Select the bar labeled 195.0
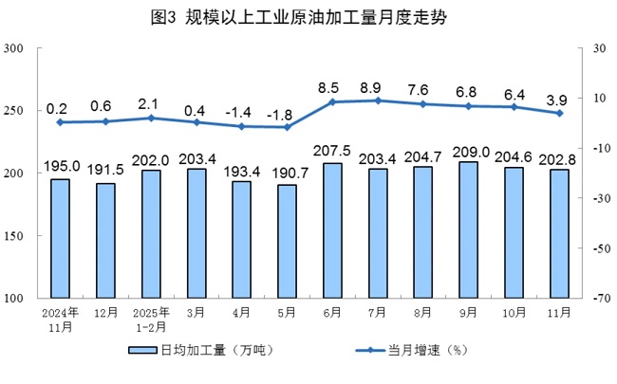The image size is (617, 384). click(60, 238)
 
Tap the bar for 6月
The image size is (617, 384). click(332, 230)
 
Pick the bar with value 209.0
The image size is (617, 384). click(469, 229)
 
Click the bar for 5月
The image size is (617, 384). click(287, 241)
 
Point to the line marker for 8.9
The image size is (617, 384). click(378, 101)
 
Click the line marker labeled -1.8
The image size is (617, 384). click(287, 127)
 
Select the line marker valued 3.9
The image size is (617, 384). click(560, 113)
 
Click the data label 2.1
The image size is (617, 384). click(151, 103)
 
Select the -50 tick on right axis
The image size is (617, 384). click(594, 248)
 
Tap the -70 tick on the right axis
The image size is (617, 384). click(594, 299)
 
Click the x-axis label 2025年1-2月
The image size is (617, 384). click(151, 320)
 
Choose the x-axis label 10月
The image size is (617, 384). click(514, 312)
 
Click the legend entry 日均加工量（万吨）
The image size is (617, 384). click(200, 352)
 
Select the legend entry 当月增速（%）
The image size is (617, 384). click(408, 352)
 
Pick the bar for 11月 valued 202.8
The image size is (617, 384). click(560, 233)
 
